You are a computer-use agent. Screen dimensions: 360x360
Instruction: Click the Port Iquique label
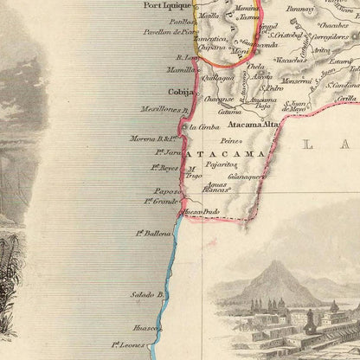(x=167, y=5)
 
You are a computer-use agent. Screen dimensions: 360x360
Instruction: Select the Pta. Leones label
(x=128, y=344)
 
